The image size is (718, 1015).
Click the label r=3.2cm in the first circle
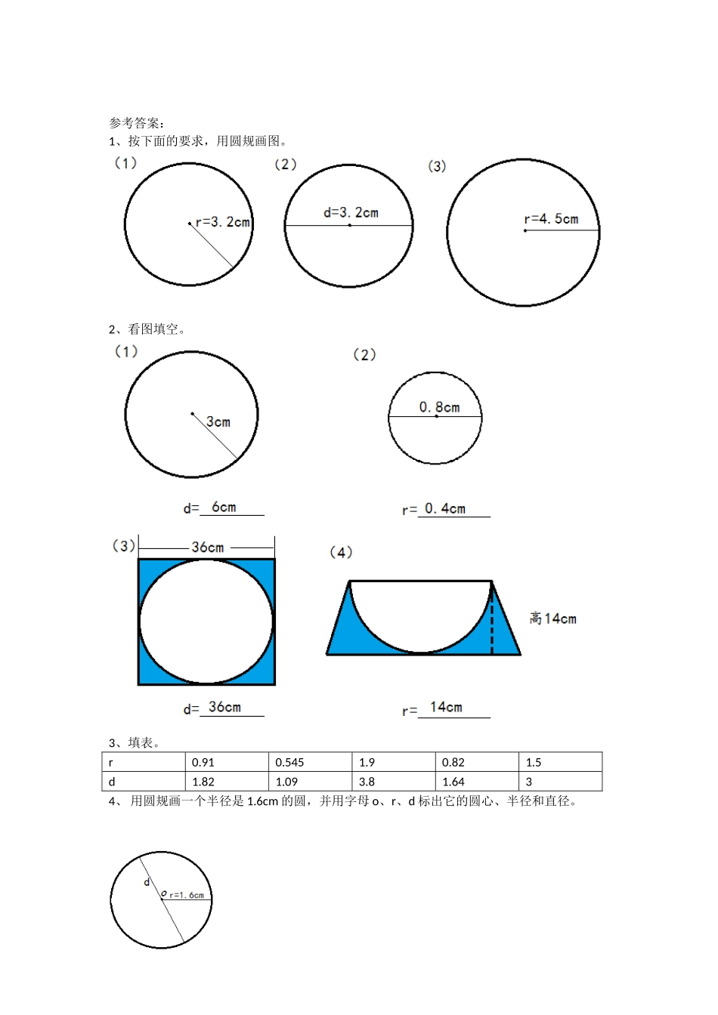point(223,222)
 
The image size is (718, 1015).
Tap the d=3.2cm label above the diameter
point(351,212)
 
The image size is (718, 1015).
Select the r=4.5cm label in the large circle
point(551,219)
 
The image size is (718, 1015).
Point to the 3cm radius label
point(218,422)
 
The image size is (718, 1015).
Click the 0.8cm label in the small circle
point(439,407)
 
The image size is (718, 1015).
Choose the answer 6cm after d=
point(224,507)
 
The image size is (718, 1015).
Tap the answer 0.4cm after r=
point(445,509)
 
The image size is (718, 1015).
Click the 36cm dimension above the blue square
point(207,548)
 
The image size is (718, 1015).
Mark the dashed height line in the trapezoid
point(492,620)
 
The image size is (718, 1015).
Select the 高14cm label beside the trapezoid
point(553,619)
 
